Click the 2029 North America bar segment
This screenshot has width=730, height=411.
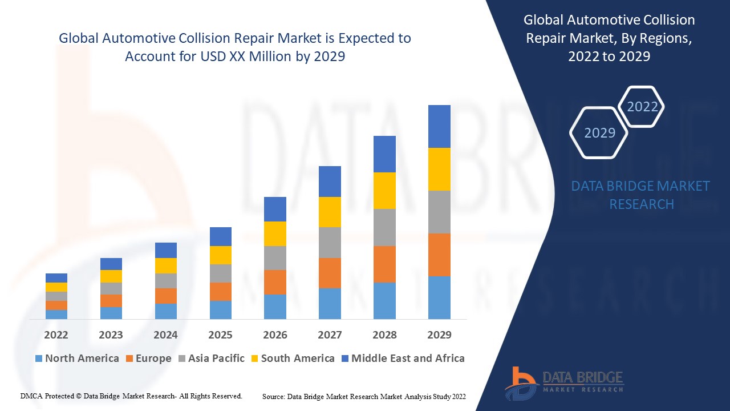coord(439,297)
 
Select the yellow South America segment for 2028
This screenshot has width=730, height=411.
coord(384,191)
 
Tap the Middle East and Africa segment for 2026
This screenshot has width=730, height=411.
coord(275,209)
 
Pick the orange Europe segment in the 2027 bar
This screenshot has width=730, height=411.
coord(330,273)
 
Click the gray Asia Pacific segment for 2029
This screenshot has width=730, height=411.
coord(439,212)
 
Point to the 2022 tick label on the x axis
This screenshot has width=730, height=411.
coord(56,335)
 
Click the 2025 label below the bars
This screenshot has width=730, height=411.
coord(220,335)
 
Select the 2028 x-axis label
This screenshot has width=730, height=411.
coord(384,335)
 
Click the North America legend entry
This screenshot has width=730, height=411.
coord(77,358)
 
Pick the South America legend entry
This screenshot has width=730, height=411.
coord(291,358)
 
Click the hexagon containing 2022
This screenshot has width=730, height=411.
coord(642,107)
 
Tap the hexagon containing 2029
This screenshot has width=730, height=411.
coord(599,132)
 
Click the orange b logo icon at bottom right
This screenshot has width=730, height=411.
coord(521,382)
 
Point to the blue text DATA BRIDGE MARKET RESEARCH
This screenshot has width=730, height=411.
coord(641,195)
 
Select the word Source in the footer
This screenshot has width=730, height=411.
coord(274,396)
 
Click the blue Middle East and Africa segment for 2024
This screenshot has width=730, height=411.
coord(165,250)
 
